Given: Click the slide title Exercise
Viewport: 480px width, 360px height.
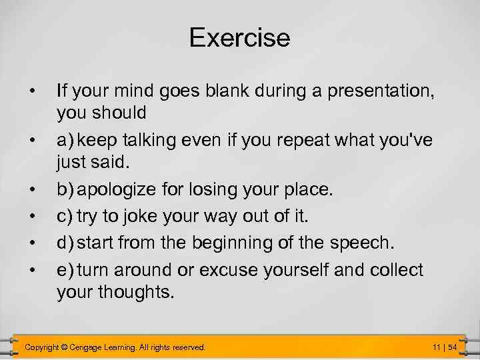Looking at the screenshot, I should coord(239,37).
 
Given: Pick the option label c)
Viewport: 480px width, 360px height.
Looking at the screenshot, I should coord(65,215).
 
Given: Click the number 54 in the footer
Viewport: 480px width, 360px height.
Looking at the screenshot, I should coord(452,347).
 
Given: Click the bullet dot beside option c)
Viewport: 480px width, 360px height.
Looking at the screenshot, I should coord(31,215).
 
